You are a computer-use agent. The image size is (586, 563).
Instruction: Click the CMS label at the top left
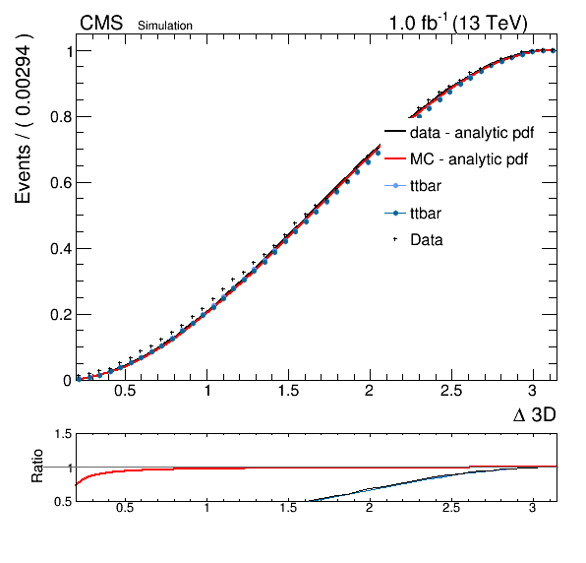101,23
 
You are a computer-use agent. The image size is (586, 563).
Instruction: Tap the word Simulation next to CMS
165,26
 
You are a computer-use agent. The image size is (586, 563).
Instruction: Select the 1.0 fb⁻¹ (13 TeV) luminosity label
458,23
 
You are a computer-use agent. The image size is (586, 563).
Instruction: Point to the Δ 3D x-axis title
535,414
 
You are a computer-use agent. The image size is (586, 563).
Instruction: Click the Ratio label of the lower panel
36,466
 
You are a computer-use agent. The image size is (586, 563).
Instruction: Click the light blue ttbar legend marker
395,186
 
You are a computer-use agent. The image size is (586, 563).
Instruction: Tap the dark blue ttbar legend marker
395,214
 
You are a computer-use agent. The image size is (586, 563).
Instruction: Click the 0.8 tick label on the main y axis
61,117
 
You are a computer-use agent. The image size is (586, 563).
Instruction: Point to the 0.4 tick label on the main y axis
61,248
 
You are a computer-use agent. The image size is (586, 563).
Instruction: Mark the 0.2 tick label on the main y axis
61,315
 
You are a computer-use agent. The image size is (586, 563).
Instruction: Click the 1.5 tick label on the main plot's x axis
288,391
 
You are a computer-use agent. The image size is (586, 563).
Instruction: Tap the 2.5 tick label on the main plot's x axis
451,391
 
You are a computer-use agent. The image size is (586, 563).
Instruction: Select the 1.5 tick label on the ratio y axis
63,434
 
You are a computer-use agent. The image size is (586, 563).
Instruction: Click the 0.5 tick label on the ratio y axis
63,502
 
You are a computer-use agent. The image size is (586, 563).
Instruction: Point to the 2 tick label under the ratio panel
370,508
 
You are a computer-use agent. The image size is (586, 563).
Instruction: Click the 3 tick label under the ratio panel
532,508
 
